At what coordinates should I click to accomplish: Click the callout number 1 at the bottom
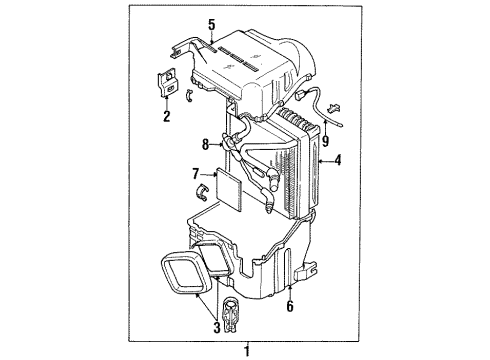pyautogui.click(x=245, y=348)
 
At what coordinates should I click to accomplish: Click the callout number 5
pyautogui.click(x=212, y=26)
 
